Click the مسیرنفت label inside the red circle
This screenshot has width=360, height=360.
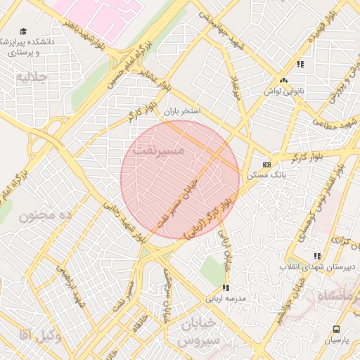(x=158, y=150)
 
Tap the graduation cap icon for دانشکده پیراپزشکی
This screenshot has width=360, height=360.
(x=23, y=31)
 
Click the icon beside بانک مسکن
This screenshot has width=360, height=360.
(x=266, y=164)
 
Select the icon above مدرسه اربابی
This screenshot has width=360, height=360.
(x=226, y=288)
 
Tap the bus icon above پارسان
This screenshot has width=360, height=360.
(x=336, y=329)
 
